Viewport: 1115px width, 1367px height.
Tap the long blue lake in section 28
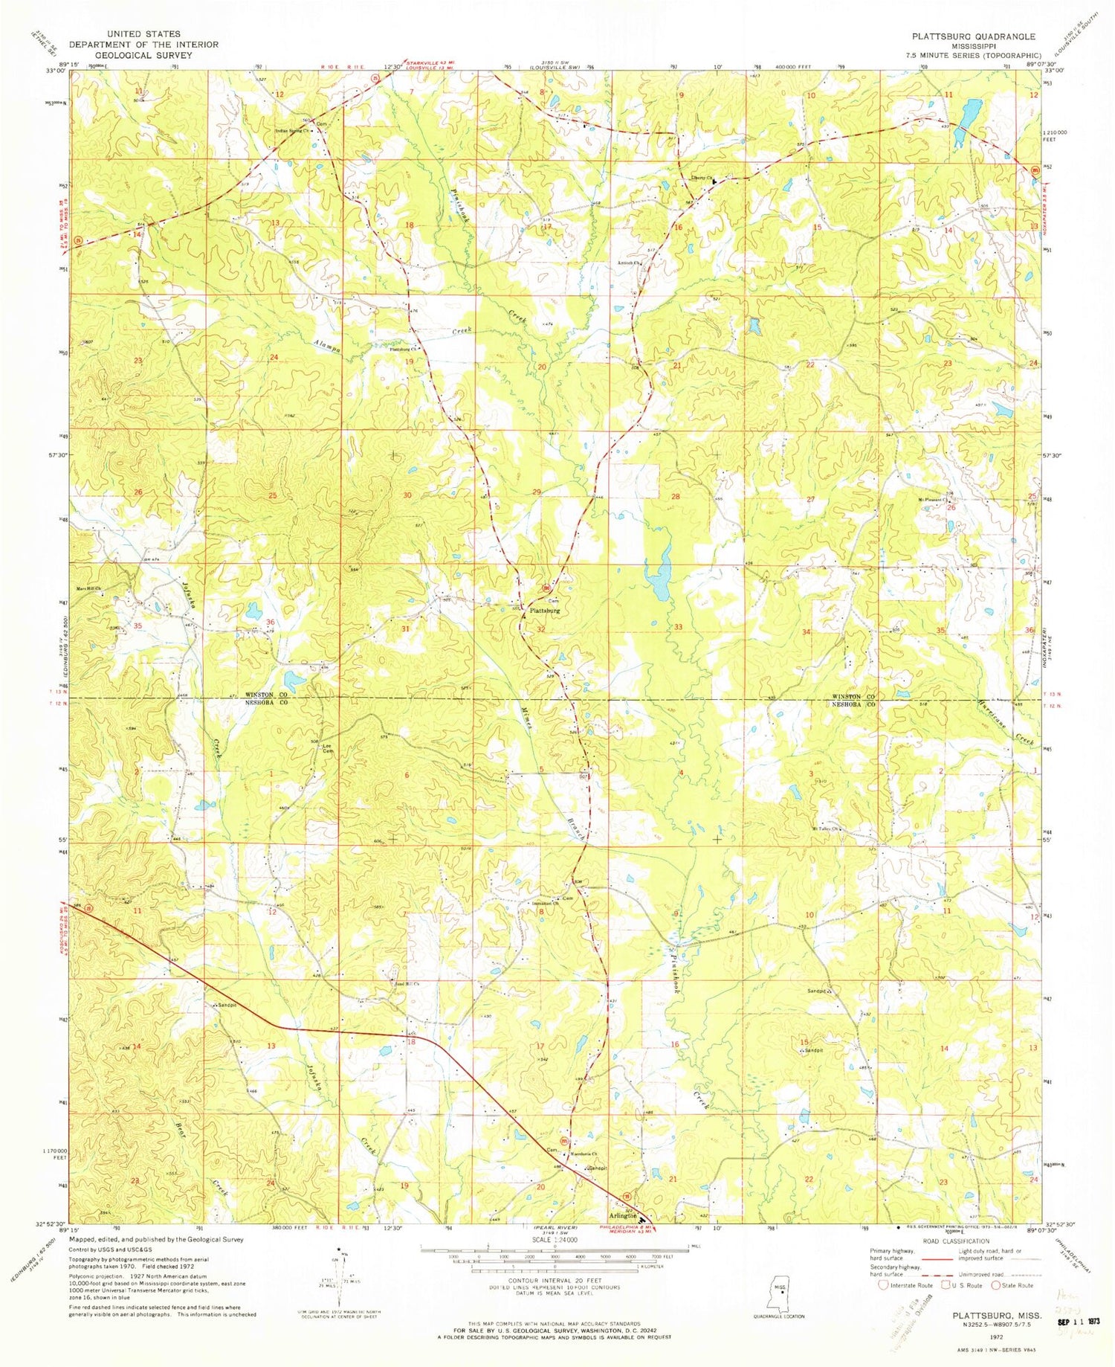point(659,573)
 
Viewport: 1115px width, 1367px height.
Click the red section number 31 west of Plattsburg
point(405,629)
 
